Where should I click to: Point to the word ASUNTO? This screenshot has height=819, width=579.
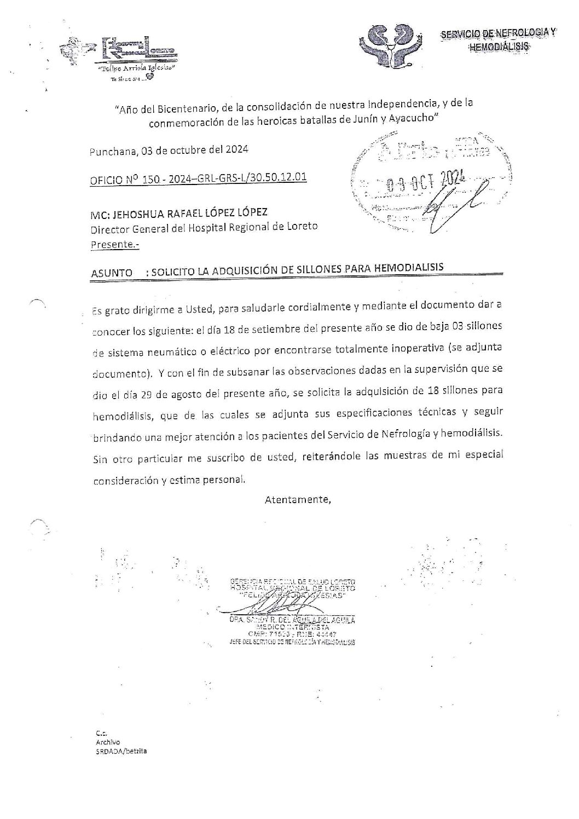(112, 272)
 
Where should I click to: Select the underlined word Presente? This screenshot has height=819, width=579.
(114, 245)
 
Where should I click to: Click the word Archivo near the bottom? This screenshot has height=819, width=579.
(104, 742)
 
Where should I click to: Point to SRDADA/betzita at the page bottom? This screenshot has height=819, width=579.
(121, 752)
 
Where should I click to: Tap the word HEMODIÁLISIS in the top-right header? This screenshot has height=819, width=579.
(499, 47)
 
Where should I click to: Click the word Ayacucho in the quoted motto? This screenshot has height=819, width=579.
(410, 119)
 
